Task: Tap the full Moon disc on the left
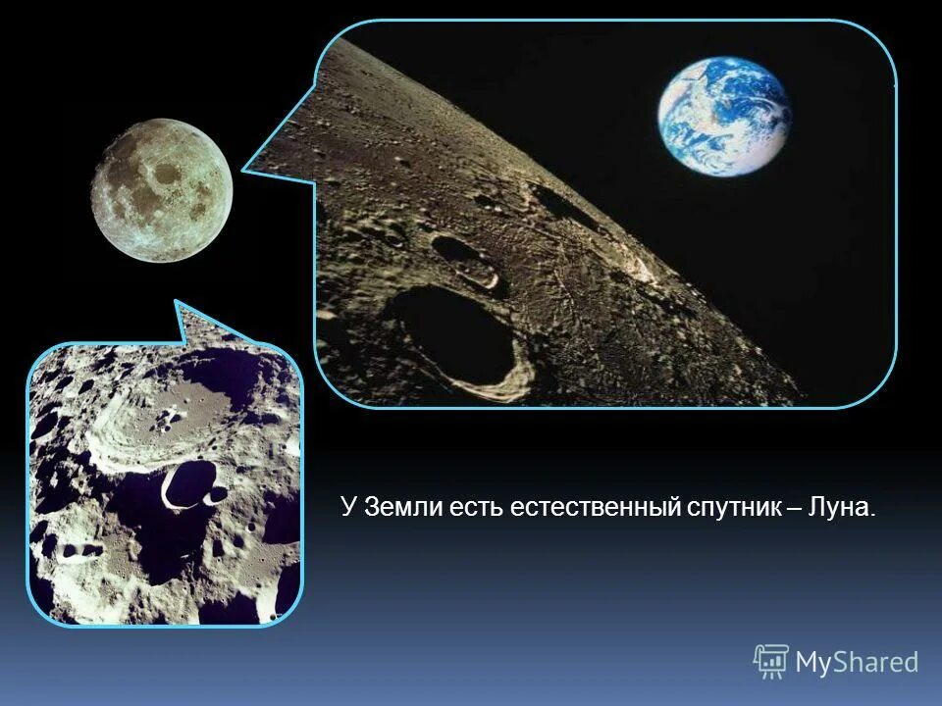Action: coord(162,190)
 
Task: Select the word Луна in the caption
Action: coord(839,508)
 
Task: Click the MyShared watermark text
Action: coord(857,662)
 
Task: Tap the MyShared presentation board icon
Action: coord(771,661)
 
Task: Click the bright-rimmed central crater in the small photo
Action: coord(183,486)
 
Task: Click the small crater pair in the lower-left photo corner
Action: coord(75,550)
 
